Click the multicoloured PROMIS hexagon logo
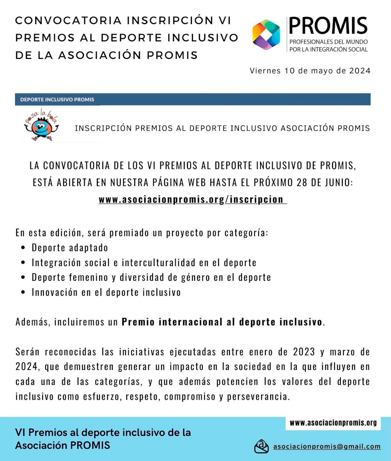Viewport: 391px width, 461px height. [x=266, y=35]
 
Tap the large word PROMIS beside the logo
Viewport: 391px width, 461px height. [x=328, y=26]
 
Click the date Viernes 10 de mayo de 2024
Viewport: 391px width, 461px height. [x=310, y=71]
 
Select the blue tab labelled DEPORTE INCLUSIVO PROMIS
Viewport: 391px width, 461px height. [x=57, y=99]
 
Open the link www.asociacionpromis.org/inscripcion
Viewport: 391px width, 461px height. [x=192, y=199]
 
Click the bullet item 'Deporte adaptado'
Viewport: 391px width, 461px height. [x=70, y=248]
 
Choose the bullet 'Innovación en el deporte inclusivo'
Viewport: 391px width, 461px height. [x=106, y=292]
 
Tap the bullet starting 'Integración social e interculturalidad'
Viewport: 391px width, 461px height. [x=144, y=263]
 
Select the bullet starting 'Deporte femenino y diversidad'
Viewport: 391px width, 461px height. [x=151, y=277]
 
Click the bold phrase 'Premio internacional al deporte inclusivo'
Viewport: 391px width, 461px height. [x=222, y=322]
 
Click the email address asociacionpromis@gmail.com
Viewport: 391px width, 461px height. [x=327, y=446]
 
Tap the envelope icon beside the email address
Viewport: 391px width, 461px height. [x=261, y=446]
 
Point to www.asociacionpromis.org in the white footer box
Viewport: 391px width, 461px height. [x=333, y=423]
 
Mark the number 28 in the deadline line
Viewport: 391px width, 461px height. [x=302, y=182]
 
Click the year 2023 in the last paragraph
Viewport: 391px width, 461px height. [x=304, y=352]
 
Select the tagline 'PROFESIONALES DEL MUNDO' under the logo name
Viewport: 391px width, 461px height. [x=328, y=42]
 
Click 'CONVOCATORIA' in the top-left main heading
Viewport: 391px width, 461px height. [x=68, y=20]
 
